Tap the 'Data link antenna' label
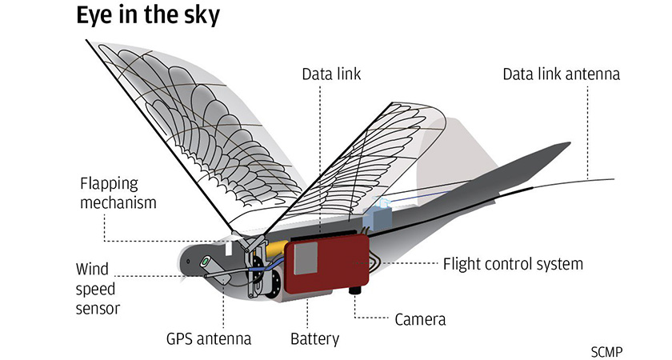[x=562, y=75]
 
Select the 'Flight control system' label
[x=513, y=263]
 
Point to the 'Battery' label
[x=314, y=338]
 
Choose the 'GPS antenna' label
[x=206, y=338]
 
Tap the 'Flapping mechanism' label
[x=118, y=193]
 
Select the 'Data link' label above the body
[x=331, y=75]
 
